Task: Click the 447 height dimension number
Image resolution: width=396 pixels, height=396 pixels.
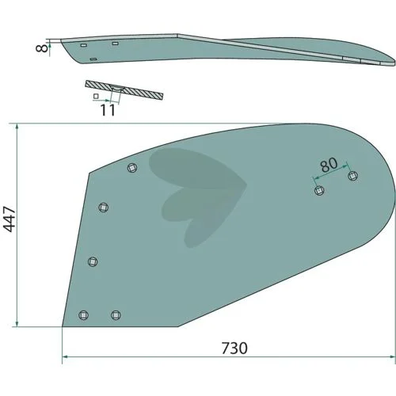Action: [10, 219]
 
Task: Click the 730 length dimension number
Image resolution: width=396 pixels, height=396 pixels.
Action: [234, 348]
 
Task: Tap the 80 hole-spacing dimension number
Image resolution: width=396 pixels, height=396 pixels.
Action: [329, 165]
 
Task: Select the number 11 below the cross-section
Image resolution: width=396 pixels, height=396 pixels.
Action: [108, 110]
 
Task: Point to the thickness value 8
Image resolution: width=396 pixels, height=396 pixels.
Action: [42, 48]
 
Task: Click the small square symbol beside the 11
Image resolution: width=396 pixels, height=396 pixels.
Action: [96, 97]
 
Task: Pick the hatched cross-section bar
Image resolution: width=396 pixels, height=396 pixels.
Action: [124, 90]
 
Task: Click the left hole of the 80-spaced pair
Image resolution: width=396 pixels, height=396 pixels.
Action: [320, 190]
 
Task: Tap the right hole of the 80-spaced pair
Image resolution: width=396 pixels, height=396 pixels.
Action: [353, 176]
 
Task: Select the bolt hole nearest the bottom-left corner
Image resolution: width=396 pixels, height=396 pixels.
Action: [84, 315]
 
